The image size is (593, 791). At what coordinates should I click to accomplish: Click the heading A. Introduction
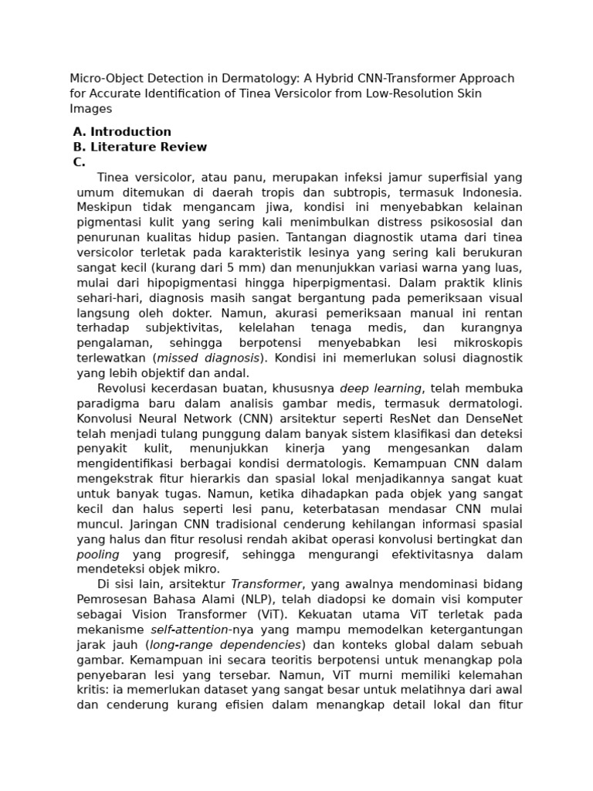tap(122, 132)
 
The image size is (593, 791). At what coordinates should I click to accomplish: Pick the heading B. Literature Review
tap(140, 147)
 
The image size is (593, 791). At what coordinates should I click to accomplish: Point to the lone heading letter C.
tap(79, 162)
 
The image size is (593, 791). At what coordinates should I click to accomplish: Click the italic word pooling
tap(98, 554)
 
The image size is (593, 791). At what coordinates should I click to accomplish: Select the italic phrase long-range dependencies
tap(225, 644)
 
